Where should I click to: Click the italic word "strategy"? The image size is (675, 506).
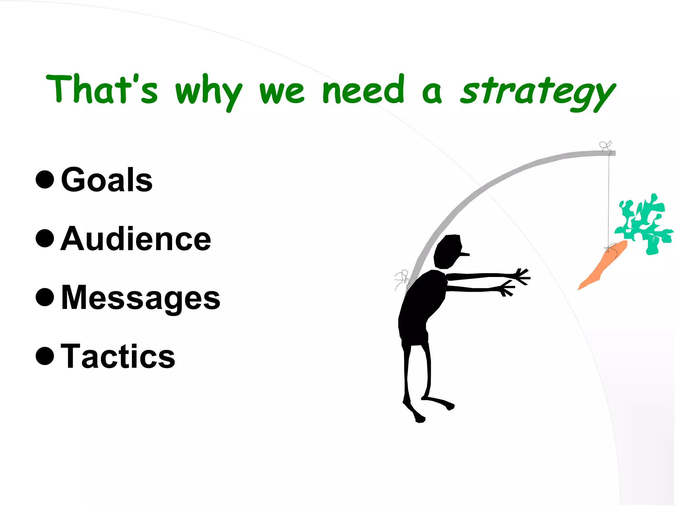[537, 92]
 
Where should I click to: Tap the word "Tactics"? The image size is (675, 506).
[118, 356]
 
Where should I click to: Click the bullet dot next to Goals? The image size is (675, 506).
[45, 180]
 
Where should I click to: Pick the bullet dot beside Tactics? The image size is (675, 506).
[45, 356]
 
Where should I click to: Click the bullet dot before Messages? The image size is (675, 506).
[45, 297]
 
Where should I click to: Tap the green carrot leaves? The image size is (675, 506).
[644, 224]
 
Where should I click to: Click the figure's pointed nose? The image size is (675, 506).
[465, 254]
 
